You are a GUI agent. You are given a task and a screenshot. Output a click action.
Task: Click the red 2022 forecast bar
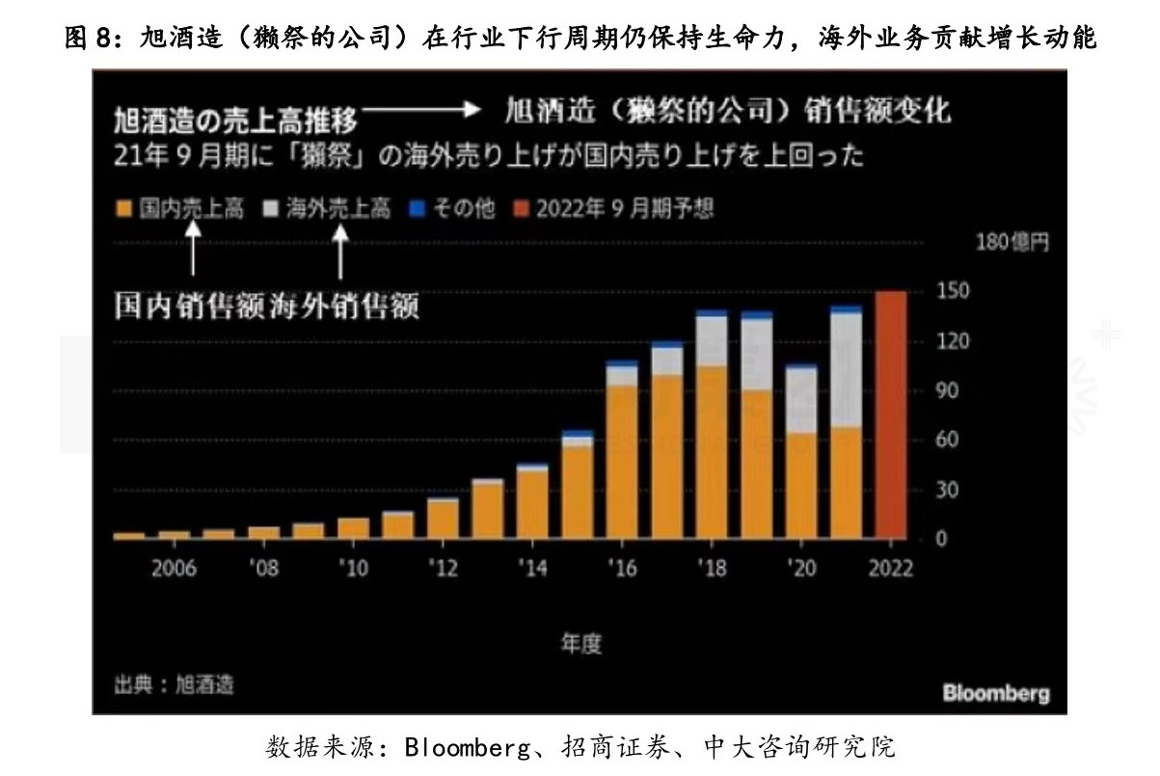click(890, 415)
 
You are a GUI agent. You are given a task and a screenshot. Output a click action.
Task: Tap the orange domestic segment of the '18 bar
click(711, 452)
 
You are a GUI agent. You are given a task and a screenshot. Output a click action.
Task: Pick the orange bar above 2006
click(174, 534)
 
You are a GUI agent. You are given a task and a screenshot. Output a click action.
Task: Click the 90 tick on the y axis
click(947, 391)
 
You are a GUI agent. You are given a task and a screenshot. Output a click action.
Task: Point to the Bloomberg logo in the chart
click(996, 693)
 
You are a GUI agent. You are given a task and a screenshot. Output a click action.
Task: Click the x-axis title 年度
click(581, 644)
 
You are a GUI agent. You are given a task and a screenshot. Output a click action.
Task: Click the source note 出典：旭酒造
click(174, 684)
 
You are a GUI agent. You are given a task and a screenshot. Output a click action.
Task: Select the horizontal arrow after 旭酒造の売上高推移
click(418, 112)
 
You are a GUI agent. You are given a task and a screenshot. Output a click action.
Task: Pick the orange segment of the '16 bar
click(622, 462)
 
